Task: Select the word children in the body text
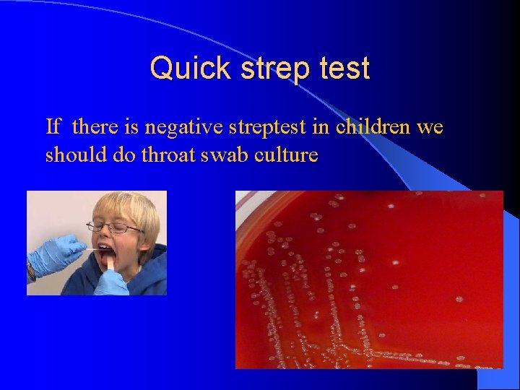(x=376, y=127)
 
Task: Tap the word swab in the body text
(x=230, y=155)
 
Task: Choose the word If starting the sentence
(x=53, y=127)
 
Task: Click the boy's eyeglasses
(x=118, y=228)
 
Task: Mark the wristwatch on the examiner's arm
(x=31, y=272)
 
